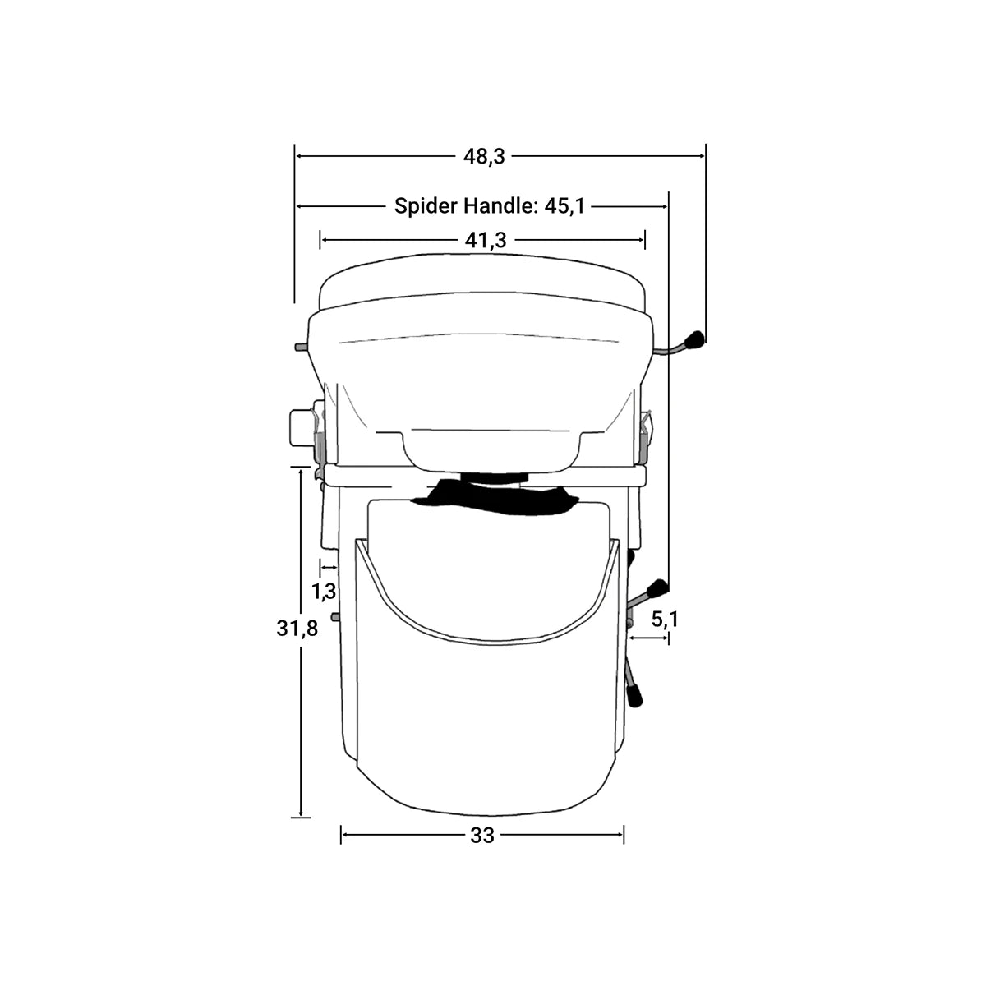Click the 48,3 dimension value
pos(483,155)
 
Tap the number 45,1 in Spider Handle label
pos(564,205)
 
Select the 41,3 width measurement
pos(485,240)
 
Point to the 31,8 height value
pos(297,629)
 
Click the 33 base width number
pos(482,836)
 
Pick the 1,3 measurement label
pos(324,590)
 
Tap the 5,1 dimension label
pos(664,619)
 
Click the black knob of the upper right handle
pos(695,339)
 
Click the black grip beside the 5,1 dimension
pos(657,588)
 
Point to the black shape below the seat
pos(493,497)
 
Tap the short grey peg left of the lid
pos(300,347)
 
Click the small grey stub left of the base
pos(334,616)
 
